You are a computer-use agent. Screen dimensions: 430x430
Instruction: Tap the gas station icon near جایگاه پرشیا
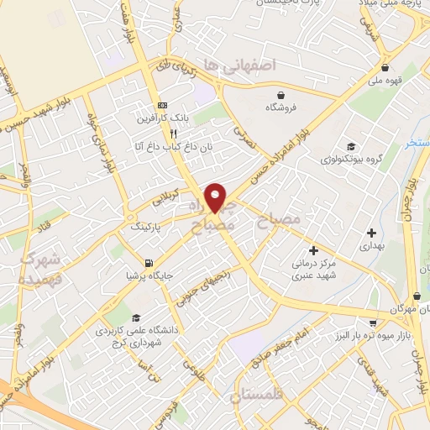pyautogui.click(x=149, y=262)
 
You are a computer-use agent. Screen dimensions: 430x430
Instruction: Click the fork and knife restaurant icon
pyautogui.click(x=173, y=134)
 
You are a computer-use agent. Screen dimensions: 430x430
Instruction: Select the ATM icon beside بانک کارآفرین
pyautogui.click(x=162, y=105)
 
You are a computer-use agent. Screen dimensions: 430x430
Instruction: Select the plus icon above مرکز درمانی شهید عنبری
pyautogui.click(x=313, y=250)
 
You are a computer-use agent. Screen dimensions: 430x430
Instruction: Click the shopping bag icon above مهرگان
pyautogui.click(x=417, y=296)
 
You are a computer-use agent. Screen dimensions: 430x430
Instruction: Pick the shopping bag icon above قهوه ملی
pyautogui.click(x=385, y=68)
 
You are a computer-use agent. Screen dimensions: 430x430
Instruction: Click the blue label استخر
pyautogui.click(x=417, y=143)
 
